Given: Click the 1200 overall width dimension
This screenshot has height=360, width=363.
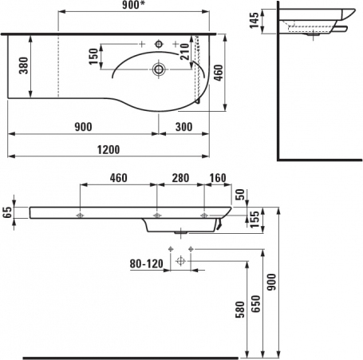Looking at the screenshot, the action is pos(109,150).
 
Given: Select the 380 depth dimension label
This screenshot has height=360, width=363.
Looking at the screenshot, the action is pos(23,65).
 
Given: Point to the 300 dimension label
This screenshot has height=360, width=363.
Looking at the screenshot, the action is pos(183,127).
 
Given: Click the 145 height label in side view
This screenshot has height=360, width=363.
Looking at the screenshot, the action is pos(254,20).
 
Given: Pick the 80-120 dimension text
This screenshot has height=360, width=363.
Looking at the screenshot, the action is pos(146,264).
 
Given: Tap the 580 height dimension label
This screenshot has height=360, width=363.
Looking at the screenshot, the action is pos(240,310).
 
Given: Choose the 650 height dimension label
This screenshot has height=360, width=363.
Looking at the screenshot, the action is pos(256,303).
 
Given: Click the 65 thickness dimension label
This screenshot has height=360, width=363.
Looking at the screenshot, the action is pos(8,212).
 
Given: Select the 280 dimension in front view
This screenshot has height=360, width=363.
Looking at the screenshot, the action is pos(180,178).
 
